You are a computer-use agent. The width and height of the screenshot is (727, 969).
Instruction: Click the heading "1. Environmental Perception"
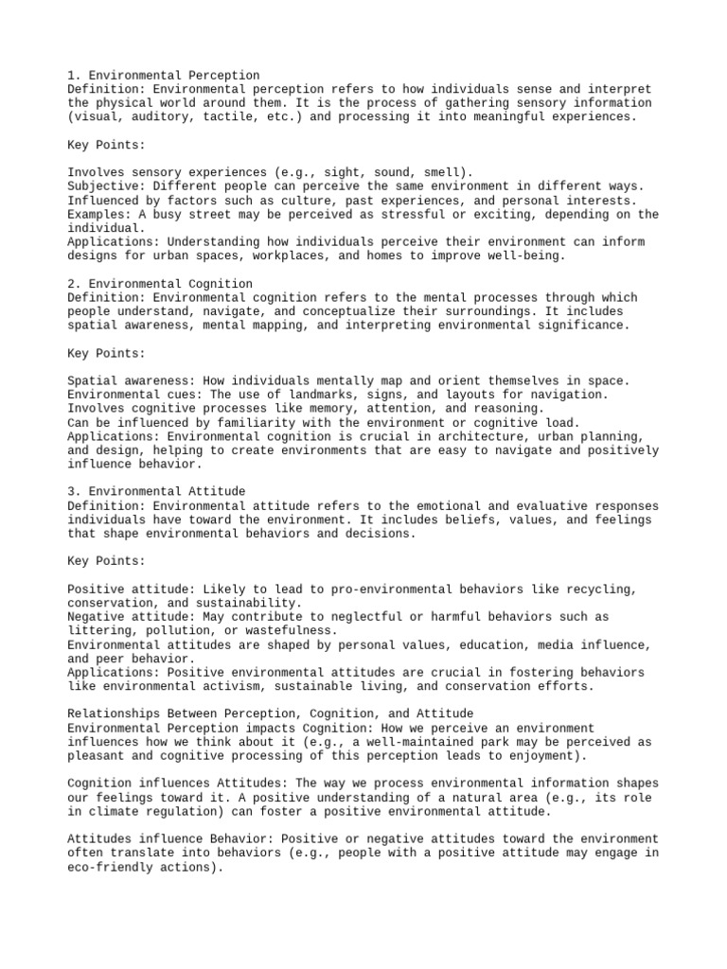164,75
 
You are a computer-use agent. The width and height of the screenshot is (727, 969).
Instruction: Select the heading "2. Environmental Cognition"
160,283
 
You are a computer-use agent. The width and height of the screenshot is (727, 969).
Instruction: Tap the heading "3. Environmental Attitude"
156,491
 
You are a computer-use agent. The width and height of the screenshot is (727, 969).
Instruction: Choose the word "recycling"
598,589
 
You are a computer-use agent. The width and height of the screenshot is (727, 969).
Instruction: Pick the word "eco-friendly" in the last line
111,866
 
